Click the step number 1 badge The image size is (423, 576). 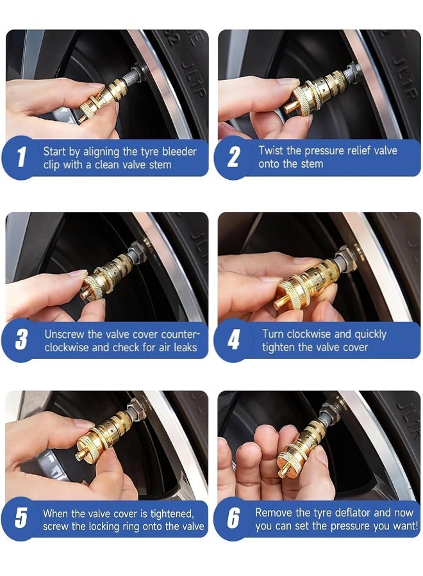click(21, 158)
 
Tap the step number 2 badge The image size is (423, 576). click(234, 158)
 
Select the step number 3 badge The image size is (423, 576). click(21, 340)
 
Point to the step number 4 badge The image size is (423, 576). click(234, 340)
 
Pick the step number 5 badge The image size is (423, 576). click(21, 519)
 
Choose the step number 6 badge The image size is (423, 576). click(234, 519)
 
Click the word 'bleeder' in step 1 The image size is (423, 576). click(177, 152)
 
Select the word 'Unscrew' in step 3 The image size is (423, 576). click(65, 334)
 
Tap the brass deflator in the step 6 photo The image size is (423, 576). click(304, 448)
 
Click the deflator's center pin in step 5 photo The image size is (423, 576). click(80, 456)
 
